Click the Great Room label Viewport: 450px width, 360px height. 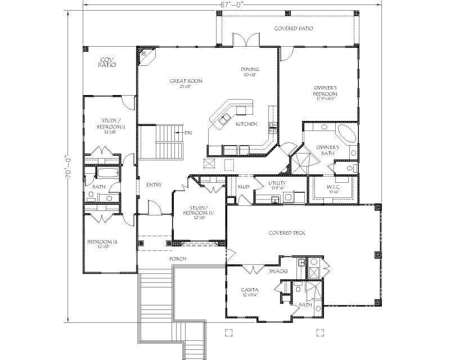pos(186,81)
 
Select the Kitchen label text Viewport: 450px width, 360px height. pos(246,124)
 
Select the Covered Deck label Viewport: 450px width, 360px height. pos(287,233)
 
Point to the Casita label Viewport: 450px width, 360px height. pos(250,290)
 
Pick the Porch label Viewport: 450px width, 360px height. pos(178,259)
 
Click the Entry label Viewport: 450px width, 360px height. pos(154,184)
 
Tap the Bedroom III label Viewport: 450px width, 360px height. pos(102,242)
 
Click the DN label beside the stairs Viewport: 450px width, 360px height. pos(188,133)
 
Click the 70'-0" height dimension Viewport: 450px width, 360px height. pos(68,167)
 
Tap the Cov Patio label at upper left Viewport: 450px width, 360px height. pos(107,62)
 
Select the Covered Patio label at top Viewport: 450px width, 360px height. pos(293,28)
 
